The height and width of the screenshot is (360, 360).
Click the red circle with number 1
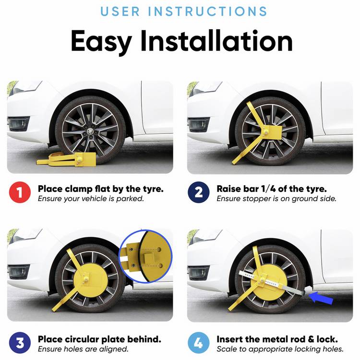point(20,192)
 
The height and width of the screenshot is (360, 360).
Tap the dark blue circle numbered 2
point(198,192)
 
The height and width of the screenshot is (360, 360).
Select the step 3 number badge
point(20,343)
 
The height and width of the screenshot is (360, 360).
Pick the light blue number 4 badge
point(198,343)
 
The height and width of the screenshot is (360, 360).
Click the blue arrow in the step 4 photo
point(321,298)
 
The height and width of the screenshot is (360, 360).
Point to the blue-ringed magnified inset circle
point(145,256)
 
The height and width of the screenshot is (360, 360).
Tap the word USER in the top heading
point(120,12)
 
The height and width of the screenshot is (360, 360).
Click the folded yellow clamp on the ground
point(66,159)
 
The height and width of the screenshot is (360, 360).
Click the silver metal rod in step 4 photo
point(272,282)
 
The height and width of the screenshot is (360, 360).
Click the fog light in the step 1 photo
point(18,124)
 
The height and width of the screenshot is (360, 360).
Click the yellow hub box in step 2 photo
point(273,132)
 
